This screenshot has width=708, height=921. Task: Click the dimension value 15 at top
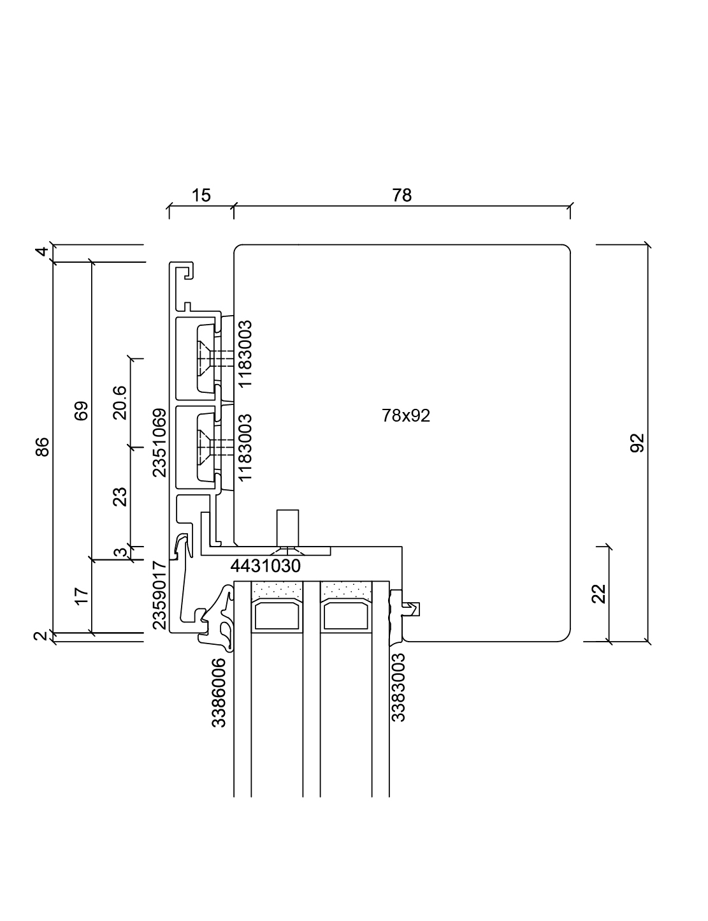[201, 195]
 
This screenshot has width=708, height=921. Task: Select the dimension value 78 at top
[402, 195]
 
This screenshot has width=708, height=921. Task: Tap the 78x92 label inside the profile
[406, 416]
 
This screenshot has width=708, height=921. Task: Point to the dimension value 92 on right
[637, 443]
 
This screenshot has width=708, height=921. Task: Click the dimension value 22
[598, 594]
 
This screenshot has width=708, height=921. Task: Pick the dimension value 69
[81, 411]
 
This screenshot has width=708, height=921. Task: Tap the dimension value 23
[120, 496]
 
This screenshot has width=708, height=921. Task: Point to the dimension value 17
[81, 596]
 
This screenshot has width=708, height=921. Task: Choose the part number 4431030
[265, 566]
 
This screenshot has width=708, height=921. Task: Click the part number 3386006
[219, 693]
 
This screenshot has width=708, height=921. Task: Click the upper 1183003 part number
[245, 353]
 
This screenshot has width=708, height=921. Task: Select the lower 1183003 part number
[245, 447]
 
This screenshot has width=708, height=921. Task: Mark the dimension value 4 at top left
[42, 252]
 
